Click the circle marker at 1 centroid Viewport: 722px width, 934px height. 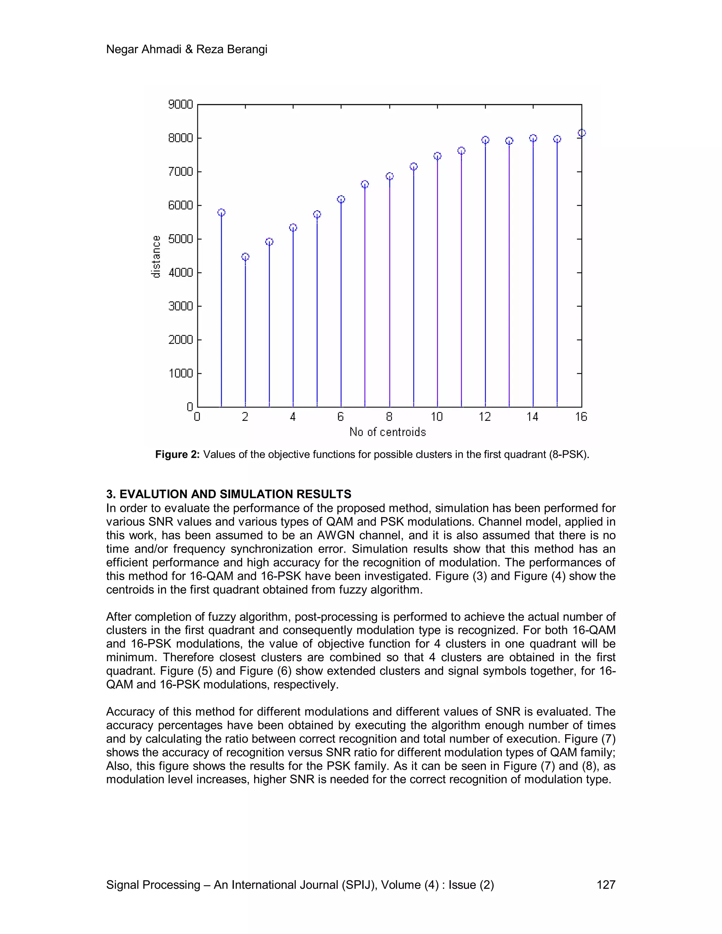click(x=221, y=213)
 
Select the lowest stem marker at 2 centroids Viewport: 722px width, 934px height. click(x=245, y=257)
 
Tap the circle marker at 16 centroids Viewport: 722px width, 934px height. click(x=581, y=133)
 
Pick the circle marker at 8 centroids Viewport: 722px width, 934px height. click(x=389, y=176)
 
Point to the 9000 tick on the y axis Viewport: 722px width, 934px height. click(x=180, y=105)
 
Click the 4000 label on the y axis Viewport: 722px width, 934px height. click(x=180, y=273)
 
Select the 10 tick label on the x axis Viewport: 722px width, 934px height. click(x=437, y=417)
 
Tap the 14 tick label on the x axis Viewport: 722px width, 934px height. click(x=533, y=417)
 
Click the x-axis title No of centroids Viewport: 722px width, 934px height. click(x=387, y=432)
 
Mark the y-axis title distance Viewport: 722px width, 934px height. click(x=156, y=257)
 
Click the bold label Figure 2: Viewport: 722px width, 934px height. click(x=177, y=455)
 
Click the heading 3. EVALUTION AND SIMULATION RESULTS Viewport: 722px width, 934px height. click(x=228, y=494)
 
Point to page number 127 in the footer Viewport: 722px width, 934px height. click(x=606, y=885)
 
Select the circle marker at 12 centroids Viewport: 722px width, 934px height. click(x=485, y=140)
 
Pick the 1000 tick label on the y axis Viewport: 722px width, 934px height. click(x=180, y=374)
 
